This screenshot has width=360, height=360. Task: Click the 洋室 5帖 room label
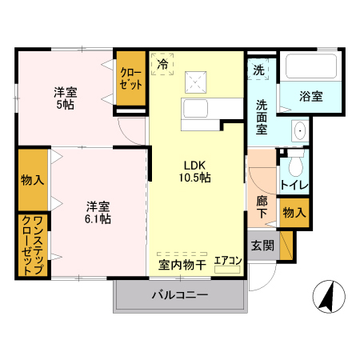tap(66, 98)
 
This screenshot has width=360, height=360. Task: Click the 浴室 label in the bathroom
tap(311, 97)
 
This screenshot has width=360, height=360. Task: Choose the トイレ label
tap(294, 186)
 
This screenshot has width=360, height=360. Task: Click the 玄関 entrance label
tap(261, 245)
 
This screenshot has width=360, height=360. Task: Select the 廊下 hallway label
tap(262, 207)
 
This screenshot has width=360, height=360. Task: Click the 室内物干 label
tap(182, 264)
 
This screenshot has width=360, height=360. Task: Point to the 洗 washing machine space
tap(261, 70)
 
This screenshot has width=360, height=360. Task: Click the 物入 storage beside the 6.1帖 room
tap(33, 179)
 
